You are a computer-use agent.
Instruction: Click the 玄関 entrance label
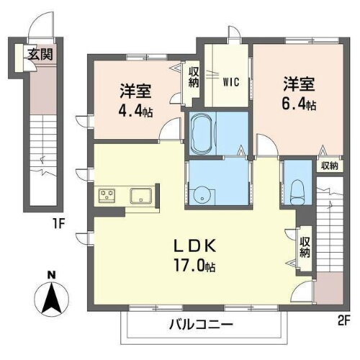coord(40,53)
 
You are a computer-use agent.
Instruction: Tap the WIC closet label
coord(230,81)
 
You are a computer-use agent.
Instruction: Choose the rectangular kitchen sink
coord(140,195)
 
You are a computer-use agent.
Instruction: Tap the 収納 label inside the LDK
coord(305,247)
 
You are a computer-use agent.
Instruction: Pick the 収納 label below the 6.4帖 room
coord(329,166)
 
